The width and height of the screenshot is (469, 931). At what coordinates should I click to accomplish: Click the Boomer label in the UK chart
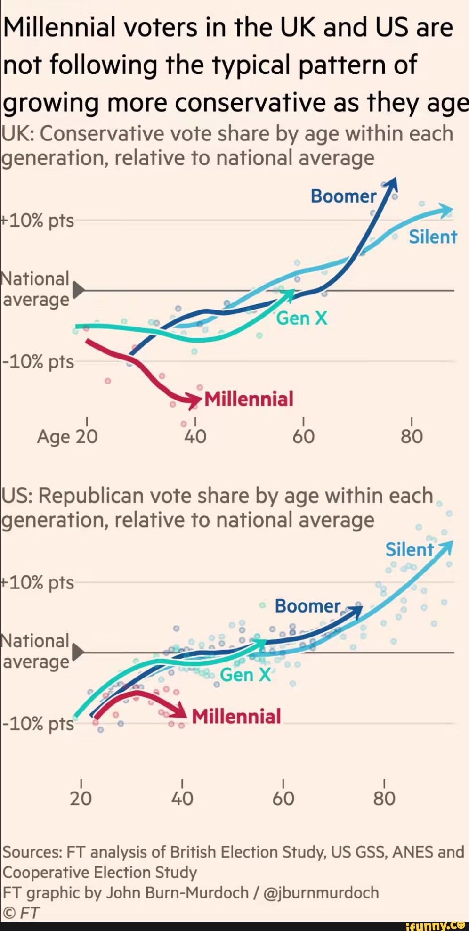343,196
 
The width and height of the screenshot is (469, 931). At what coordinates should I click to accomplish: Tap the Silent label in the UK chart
433,237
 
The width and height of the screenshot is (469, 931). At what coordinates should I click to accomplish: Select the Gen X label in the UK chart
301,318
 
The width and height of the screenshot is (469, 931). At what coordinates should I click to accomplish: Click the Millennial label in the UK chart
249,399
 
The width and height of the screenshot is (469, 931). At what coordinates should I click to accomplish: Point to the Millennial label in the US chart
236,717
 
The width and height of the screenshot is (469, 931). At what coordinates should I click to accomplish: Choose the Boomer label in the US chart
307,606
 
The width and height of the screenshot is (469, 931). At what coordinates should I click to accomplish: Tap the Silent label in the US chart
409,550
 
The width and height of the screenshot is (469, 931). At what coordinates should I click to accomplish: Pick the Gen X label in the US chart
245,675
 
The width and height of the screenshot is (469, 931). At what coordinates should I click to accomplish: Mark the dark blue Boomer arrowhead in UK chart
392,184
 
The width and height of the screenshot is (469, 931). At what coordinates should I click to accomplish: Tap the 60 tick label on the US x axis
283,799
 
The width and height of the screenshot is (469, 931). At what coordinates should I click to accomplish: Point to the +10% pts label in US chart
38,583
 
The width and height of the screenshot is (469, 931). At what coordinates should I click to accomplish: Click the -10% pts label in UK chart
38,362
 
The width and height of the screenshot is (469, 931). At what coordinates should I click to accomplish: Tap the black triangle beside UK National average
78,290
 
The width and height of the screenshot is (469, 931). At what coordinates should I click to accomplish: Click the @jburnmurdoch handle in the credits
321,893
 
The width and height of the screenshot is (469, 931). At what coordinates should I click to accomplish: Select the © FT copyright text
21,913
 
